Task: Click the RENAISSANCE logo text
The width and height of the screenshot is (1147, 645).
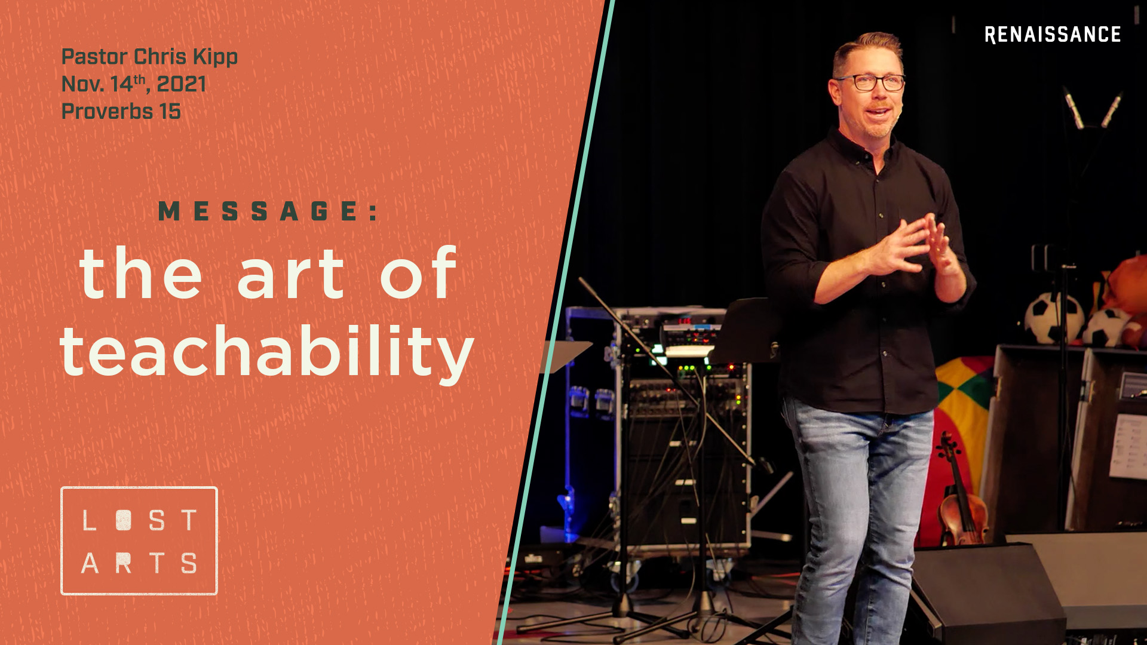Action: (1052, 35)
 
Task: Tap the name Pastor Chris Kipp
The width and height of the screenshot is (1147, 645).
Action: (149, 57)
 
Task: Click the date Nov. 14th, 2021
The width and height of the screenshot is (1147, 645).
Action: (134, 84)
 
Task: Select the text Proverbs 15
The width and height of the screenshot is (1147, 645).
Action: (121, 112)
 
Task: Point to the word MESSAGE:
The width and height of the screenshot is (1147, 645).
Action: (268, 211)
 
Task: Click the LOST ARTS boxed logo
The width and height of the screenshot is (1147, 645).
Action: (139, 540)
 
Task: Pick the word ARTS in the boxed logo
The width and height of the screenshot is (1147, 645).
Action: (139, 563)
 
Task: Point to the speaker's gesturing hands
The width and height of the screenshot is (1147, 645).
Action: (914, 245)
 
